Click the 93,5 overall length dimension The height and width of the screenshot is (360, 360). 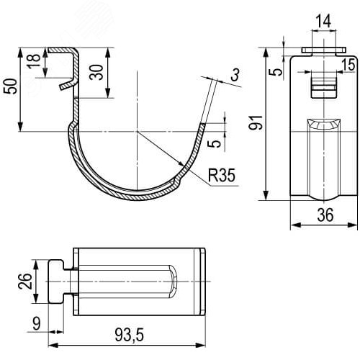(x=130, y=335)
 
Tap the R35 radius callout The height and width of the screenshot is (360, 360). (x=222, y=175)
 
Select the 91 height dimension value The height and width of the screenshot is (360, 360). (x=256, y=122)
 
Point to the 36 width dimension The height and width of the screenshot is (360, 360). (x=325, y=215)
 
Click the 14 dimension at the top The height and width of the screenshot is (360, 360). (x=323, y=21)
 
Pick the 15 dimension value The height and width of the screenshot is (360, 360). (x=348, y=65)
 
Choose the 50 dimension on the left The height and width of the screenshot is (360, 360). (x=11, y=86)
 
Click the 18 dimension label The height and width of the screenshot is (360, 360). (x=34, y=61)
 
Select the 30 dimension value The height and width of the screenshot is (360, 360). (x=96, y=72)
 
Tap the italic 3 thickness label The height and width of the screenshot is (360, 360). (x=235, y=75)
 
